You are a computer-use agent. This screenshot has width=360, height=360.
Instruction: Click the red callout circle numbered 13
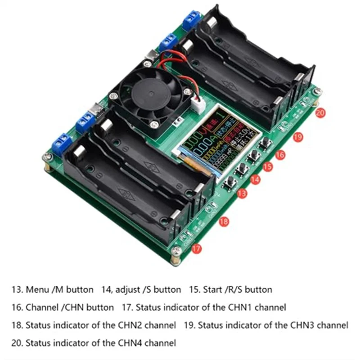pos(242,193)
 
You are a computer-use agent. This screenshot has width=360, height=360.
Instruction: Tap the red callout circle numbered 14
pos(255,180)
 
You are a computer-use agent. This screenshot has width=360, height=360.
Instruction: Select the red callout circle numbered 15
pos(268,166)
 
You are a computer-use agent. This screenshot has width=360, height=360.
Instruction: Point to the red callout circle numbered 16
pos(280,154)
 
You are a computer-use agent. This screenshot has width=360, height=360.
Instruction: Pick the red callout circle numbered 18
pos(224,221)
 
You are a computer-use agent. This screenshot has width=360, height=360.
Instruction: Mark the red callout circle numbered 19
pos(297,137)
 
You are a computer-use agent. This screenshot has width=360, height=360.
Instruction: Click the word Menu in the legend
pos(37,290)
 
